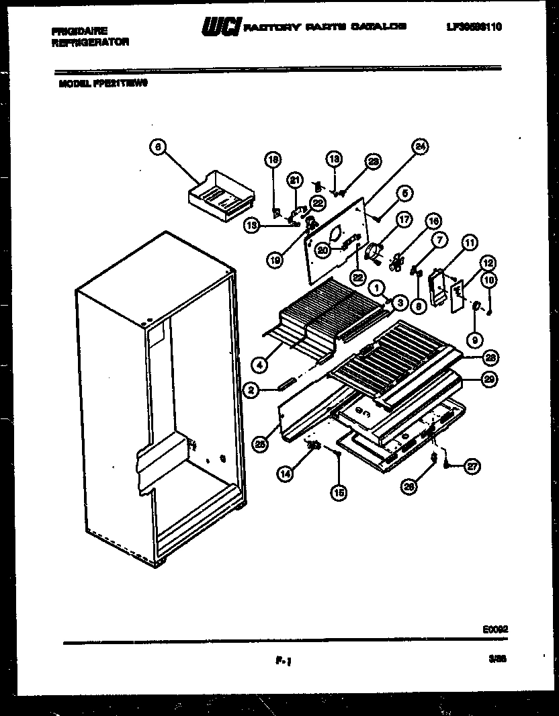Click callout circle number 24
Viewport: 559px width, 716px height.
pyautogui.click(x=421, y=147)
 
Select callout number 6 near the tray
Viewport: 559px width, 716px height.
pyautogui.click(x=157, y=147)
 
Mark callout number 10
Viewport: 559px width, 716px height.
pyautogui.click(x=489, y=279)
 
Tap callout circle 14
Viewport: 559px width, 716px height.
pyautogui.click(x=286, y=474)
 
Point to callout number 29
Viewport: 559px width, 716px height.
pyautogui.click(x=489, y=379)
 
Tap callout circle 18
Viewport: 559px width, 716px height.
pyautogui.click(x=273, y=160)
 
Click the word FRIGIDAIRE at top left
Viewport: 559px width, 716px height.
pyautogui.click(x=79, y=31)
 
